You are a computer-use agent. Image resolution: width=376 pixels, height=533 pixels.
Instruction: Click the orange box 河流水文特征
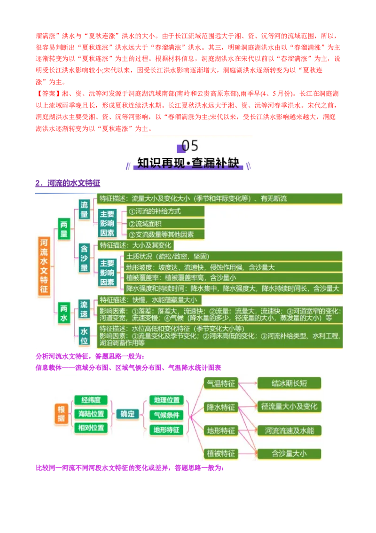44,266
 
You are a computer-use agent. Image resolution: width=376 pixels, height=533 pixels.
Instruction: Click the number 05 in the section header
190,146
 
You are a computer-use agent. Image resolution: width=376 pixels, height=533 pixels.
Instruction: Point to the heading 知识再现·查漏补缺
188,163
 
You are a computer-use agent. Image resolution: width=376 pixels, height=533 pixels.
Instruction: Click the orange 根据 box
61,414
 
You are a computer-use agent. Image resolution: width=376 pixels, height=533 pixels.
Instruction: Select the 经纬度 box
91,400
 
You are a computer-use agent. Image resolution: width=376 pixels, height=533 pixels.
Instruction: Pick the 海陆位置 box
91,414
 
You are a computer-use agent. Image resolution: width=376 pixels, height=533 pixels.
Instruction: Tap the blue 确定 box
127,414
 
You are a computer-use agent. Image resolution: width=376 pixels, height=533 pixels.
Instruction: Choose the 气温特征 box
221,384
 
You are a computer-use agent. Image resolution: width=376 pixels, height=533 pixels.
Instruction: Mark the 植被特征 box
221,454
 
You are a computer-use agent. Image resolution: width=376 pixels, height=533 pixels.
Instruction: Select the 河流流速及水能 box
289,430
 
